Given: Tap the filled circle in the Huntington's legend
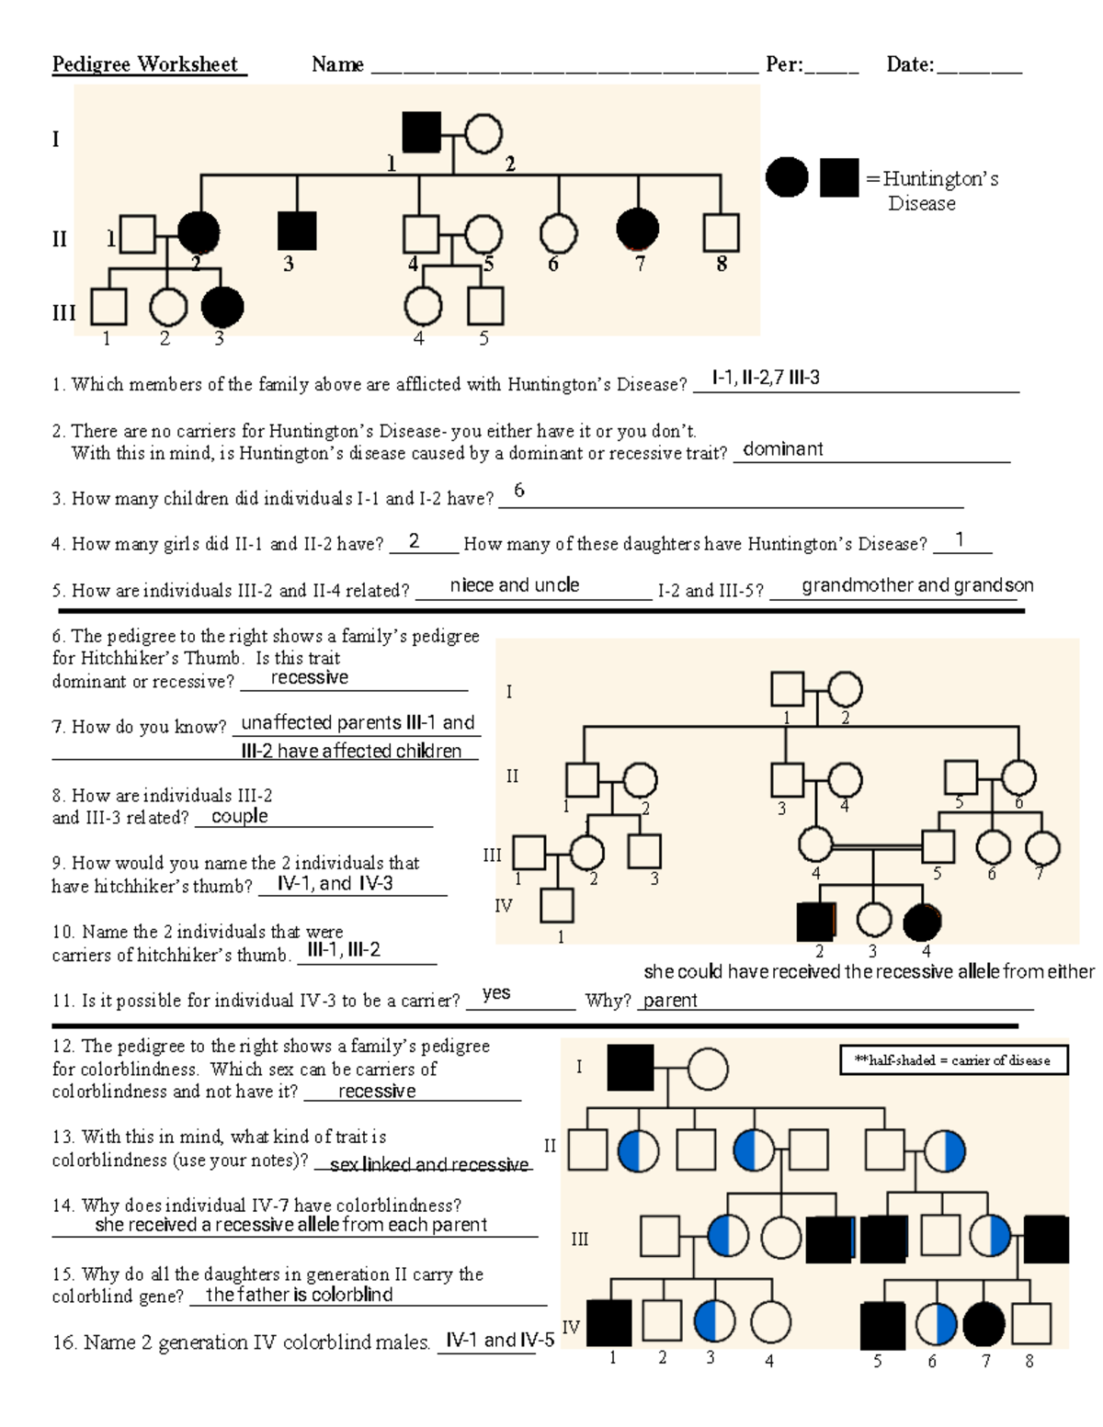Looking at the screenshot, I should [787, 176].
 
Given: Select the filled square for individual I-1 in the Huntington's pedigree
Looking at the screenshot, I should [422, 132].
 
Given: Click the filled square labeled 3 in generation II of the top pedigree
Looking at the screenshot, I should [297, 231].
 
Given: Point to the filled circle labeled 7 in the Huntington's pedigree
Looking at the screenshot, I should [638, 230].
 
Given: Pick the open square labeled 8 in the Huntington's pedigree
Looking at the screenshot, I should [721, 232].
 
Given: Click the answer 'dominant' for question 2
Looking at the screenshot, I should [782, 449].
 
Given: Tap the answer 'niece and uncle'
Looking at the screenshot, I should [514, 585].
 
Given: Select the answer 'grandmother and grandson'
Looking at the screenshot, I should [916, 585].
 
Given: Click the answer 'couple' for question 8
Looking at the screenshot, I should [239, 816].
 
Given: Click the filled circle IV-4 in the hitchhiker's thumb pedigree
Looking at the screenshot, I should [923, 922].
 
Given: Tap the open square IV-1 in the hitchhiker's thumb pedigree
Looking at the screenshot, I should [556, 906].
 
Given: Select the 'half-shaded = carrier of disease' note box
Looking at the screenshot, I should [953, 1060].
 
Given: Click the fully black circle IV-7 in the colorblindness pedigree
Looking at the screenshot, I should [983, 1324].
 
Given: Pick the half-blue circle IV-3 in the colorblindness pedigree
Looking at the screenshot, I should [715, 1321].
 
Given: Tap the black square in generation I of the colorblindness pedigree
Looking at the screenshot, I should [631, 1068].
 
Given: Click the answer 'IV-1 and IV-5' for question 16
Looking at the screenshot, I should [500, 1340].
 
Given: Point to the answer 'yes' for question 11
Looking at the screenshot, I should [496, 993].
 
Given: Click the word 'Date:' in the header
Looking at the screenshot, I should [910, 64].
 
